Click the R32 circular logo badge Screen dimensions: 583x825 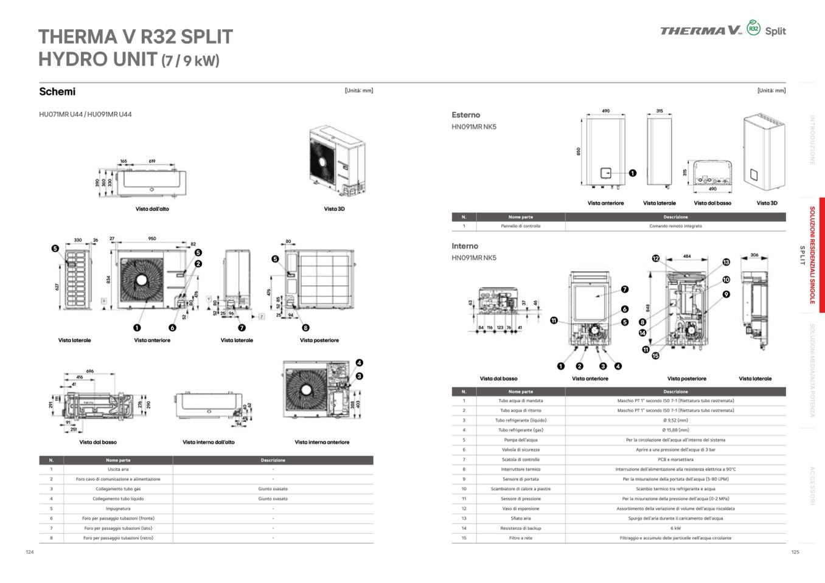pos(753,28)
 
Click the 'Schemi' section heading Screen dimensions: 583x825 pos(57,92)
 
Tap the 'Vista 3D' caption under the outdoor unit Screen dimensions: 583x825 pos(334,209)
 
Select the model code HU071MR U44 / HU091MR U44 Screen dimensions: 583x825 pos(85,114)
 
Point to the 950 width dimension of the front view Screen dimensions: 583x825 pos(152,239)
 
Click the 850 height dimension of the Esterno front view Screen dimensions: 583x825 pos(579,151)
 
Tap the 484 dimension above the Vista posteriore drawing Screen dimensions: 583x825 pos(687,257)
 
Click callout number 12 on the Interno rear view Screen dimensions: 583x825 pos(656,258)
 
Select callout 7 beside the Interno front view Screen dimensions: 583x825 pos(625,289)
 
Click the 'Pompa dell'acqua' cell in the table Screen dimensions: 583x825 pos(520,440)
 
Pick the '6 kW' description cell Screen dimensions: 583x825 pos(675,528)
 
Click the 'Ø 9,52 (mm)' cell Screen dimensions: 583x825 pos(675,421)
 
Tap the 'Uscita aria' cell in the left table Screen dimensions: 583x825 pos(118,469)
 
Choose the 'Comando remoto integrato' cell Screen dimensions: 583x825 pos(675,226)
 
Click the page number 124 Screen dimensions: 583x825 pos(30,552)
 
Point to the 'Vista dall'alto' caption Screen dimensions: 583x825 pos(152,209)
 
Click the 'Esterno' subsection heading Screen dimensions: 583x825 pos(465,115)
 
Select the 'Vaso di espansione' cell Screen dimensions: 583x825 pos(520,509)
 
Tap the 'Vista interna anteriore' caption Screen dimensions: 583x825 pos(322,443)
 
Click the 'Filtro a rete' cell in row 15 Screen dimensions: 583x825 pos(520,538)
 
